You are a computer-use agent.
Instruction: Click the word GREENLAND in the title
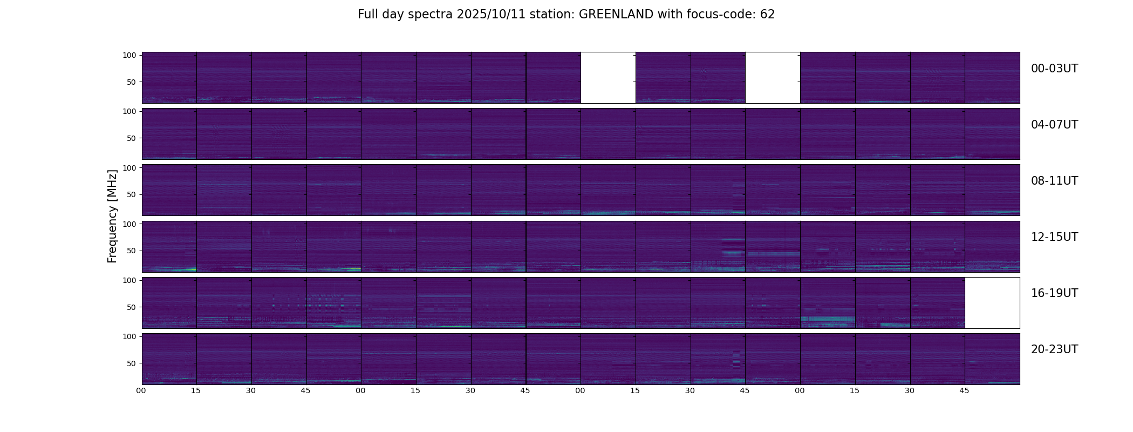(616, 15)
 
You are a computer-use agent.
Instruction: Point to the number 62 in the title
(767, 15)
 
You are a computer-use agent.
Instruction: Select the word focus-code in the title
(720, 15)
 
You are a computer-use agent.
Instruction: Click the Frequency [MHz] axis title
(112, 216)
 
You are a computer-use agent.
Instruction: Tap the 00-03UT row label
(1054, 69)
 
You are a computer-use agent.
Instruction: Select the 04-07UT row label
(1054, 125)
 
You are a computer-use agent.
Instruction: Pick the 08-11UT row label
(1054, 181)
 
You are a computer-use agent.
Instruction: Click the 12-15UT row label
(1054, 237)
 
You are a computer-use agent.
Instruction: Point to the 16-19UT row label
(1054, 293)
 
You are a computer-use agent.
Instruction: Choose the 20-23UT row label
(1054, 349)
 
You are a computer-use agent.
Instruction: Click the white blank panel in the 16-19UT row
(992, 303)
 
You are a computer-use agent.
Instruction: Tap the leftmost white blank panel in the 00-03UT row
(608, 78)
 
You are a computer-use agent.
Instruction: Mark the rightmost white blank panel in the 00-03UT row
(773, 78)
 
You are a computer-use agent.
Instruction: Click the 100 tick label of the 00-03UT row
(129, 55)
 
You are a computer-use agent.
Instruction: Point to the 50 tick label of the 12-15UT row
(131, 251)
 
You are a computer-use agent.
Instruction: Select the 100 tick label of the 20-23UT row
(129, 336)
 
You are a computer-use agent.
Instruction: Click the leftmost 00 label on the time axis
(141, 390)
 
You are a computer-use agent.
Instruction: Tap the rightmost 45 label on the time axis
(964, 390)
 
